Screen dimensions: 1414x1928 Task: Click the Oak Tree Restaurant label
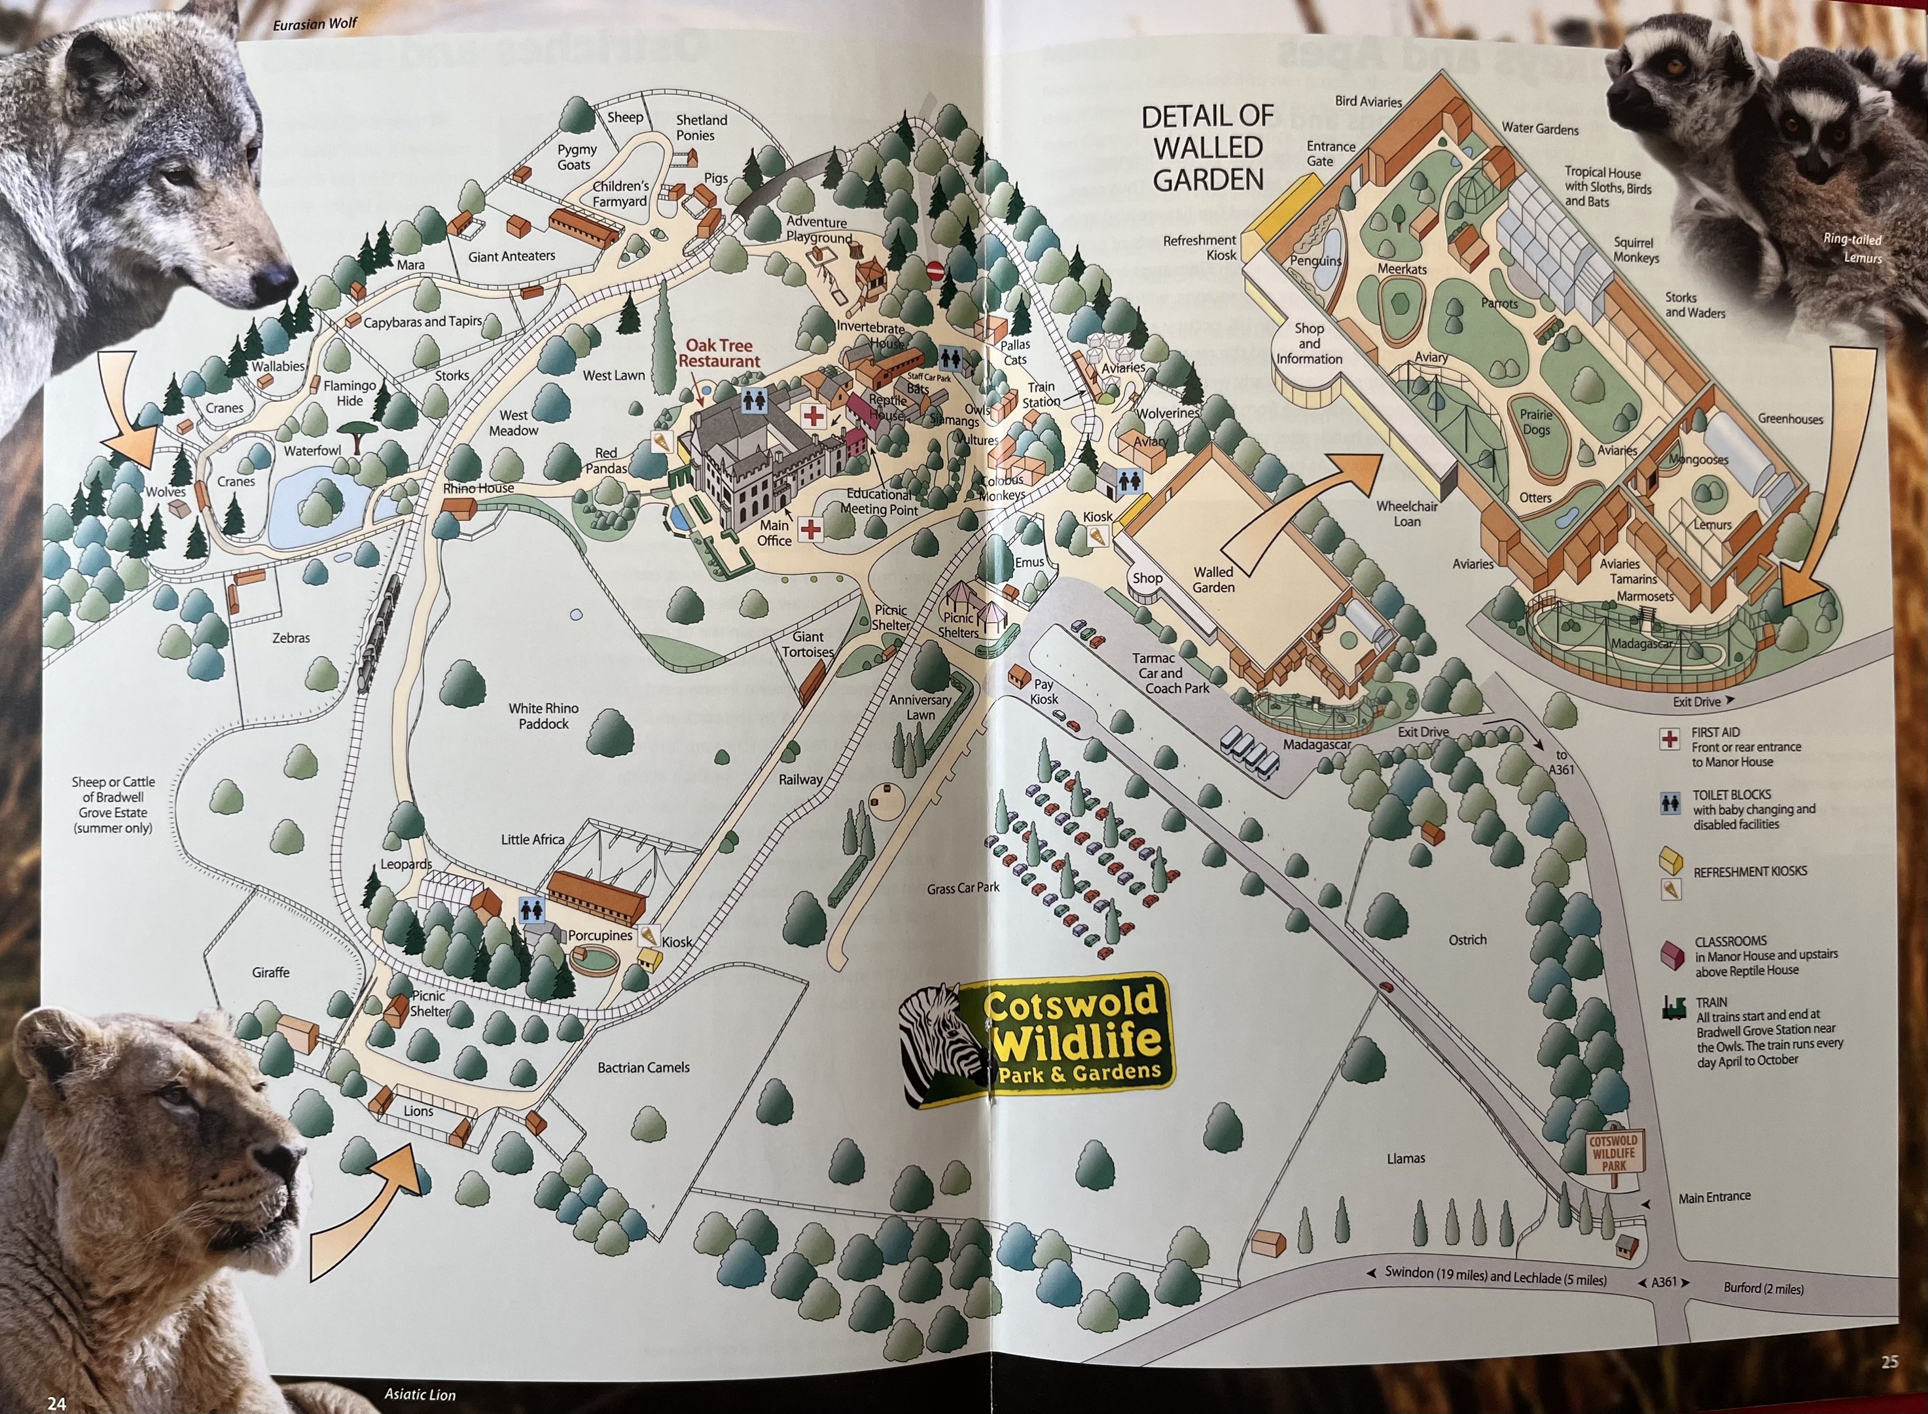(719, 353)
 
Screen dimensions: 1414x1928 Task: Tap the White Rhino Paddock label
(543, 716)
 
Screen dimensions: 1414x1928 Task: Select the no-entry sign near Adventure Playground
(935, 270)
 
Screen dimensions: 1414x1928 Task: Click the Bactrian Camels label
(643, 1067)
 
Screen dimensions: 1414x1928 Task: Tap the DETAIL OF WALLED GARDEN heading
(1207, 147)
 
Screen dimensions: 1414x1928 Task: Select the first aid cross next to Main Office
(810, 530)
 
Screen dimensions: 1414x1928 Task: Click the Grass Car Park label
(963, 888)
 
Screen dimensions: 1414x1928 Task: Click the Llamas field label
(1405, 1158)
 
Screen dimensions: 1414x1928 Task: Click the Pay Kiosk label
(1043, 691)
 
